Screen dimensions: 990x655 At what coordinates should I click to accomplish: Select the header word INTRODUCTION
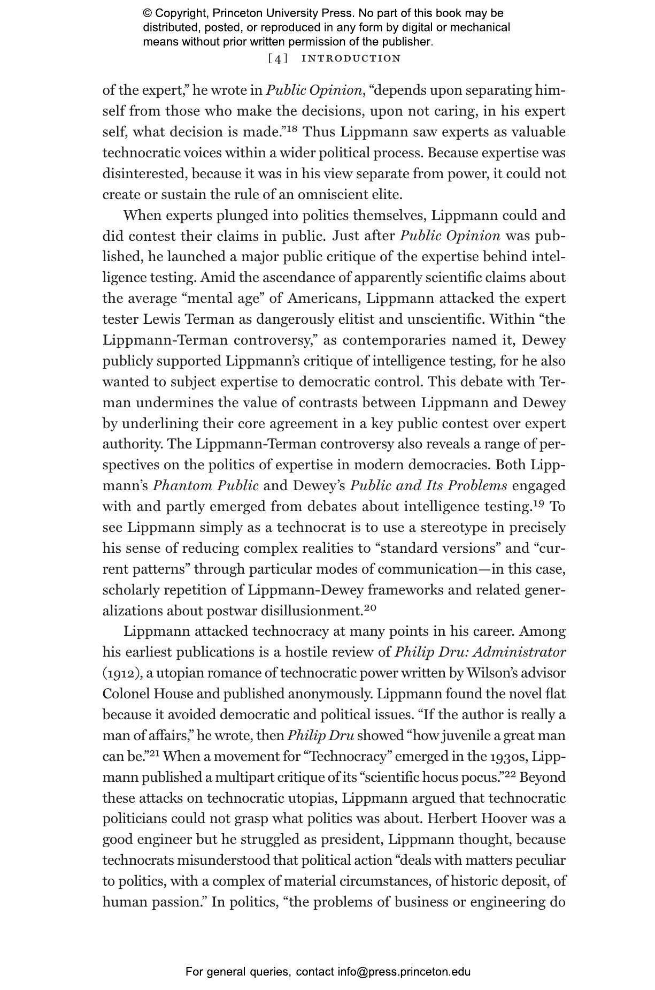pos(351,58)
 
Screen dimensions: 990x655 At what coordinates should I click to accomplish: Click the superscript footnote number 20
pos(371,607)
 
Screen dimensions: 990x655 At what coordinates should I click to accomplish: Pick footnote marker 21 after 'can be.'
pos(155,753)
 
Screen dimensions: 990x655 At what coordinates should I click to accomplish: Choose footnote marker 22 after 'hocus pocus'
pos(508,774)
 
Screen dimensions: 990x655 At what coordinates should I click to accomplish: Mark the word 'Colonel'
pos(126,694)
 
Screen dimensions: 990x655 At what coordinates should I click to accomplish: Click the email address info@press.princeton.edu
pos(404,972)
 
